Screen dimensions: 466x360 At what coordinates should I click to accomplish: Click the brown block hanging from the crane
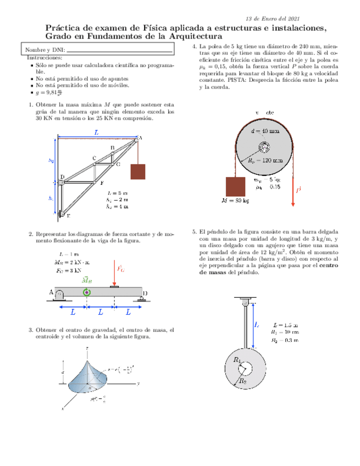point(137,171)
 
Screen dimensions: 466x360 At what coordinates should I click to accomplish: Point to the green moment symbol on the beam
point(86,292)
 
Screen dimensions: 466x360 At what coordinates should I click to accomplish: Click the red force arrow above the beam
point(114,273)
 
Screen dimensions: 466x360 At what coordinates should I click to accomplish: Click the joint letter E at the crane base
point(67,216)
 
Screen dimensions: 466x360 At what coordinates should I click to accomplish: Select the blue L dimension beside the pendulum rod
point(257,325)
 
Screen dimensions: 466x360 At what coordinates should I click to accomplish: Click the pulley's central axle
point(264,147)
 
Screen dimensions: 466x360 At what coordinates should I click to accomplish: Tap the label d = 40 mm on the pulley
point(265,131)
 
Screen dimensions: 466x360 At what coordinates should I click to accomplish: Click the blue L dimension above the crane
point(96,132)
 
